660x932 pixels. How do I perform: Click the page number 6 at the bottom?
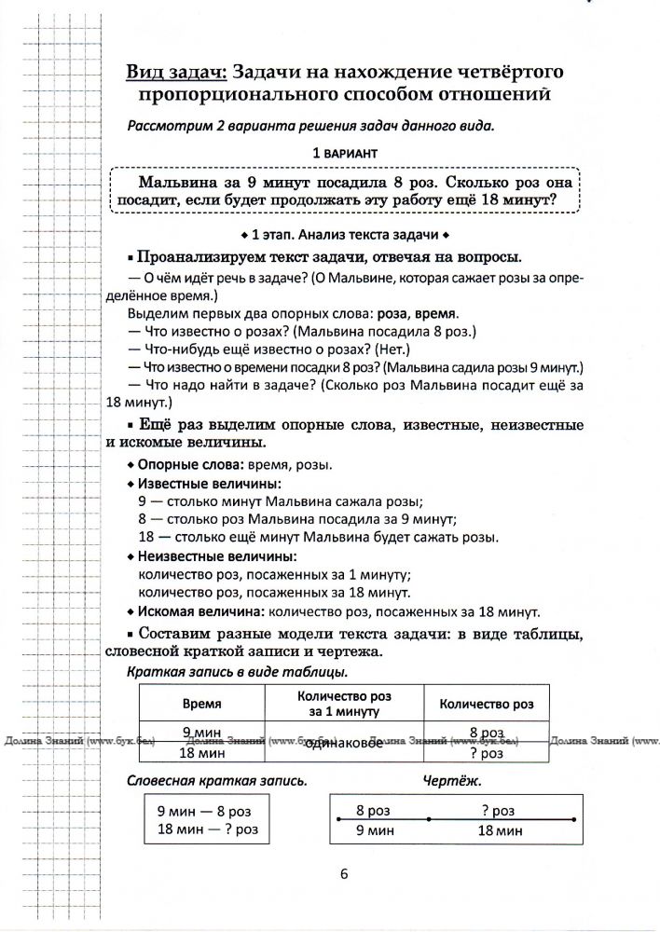tap(344, 873)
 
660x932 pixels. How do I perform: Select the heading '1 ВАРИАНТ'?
tap(345, 151)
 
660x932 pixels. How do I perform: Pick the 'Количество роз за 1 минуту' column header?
tap(344, 705)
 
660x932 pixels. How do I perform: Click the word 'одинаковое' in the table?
tap(345, 743)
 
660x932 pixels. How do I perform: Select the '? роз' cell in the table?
tap(487, 752)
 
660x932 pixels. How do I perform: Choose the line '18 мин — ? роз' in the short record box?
tap(208, 829)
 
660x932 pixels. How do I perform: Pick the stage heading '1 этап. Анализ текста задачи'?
tap(344, 233)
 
